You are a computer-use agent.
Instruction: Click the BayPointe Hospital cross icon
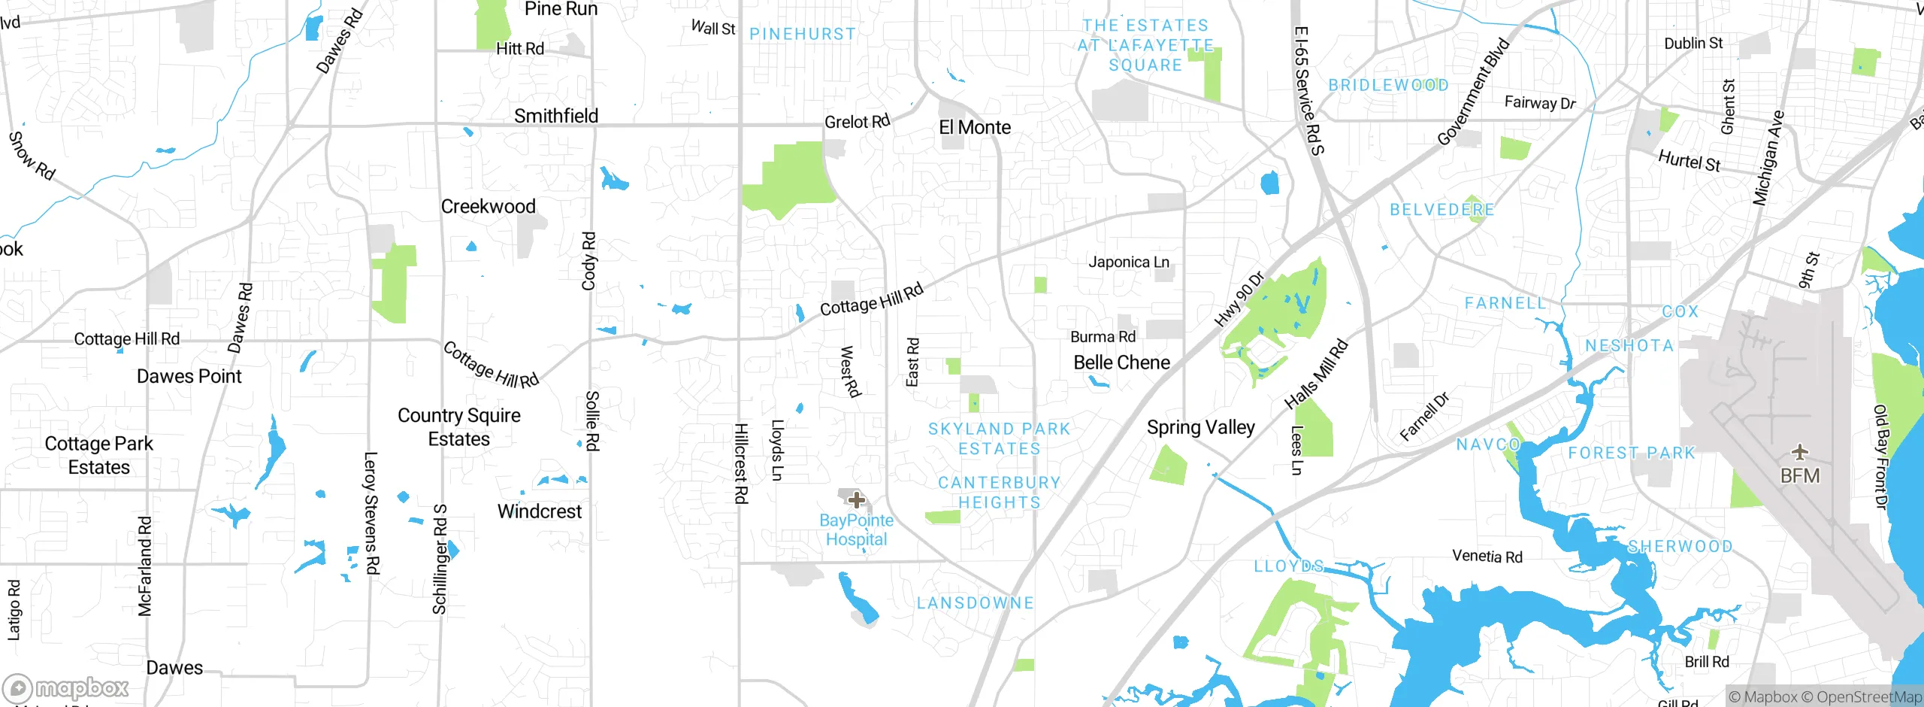click(x=856, y=500)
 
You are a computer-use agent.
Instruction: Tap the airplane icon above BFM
click(x=1799, y=453)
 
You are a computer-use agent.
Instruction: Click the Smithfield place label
click(x=556, y=116)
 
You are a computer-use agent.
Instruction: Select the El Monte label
click(x=975, y=128)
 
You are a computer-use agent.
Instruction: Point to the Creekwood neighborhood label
click(x=488, y=207)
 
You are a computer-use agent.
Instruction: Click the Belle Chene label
click(x=1121, y=363)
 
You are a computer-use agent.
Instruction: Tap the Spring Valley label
click(x=1200, y=428)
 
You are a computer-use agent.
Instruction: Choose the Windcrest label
click(x=539, y=511)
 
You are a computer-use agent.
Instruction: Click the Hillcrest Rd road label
click(x=740, y=463)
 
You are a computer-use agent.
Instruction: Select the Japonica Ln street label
click(x=1129, y=262)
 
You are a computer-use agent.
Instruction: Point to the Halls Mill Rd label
click(x=1316, y=375)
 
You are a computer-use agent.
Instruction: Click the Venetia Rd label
click(x=1487, y=557)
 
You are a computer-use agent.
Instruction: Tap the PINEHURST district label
click(x=802, y=35)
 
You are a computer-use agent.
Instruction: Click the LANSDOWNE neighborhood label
click(x=975, y=603)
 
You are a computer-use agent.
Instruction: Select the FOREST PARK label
click(x=1632, y=454)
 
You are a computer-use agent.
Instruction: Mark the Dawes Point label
click(x=189, y=377)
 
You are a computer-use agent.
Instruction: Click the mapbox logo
click(x=66, y=687)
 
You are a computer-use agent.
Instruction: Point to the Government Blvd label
click(x=1473, y=92)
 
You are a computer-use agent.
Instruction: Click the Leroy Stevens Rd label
click(x=371, y=513)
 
